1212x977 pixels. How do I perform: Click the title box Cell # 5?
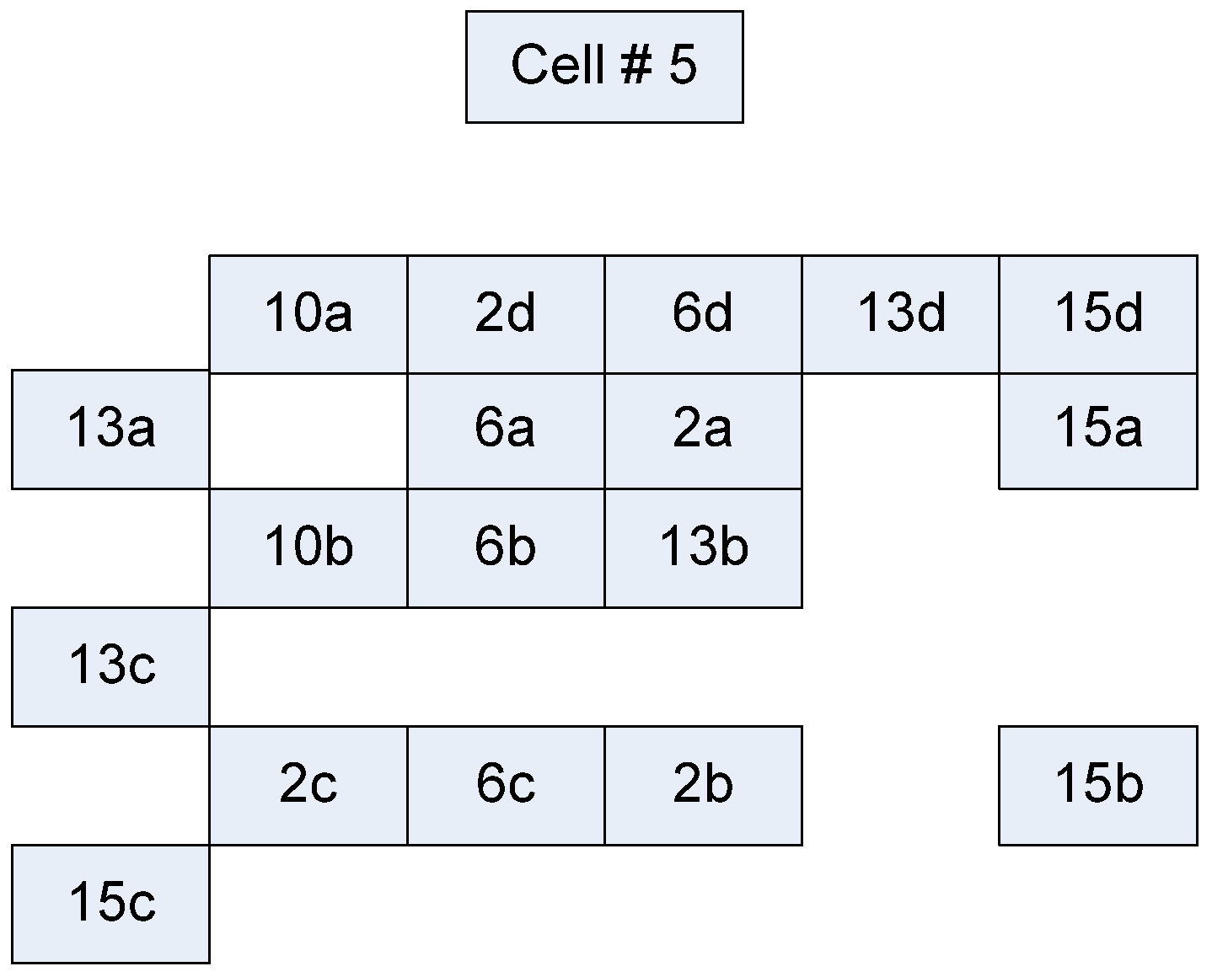click(604, 67)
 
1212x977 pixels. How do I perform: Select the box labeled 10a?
click(308, 313)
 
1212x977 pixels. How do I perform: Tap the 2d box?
click(506, 313)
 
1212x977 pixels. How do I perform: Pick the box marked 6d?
click(703, 313)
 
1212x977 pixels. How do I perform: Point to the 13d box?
click(900, 313)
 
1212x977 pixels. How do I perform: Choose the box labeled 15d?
click(1098, 313)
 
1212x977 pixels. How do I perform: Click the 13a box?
click(110, 429)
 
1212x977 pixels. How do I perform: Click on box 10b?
click(308, 547)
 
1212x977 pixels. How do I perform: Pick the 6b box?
click(506, 547)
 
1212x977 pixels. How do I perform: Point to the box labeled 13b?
click(703, 547)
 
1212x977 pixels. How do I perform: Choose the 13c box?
click(110, 666)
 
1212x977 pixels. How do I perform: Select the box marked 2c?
click(308, 785)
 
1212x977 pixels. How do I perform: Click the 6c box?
click(506, 785)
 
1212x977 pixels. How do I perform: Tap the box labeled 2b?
click(703, 785)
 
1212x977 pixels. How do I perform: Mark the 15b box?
click(1098, 785)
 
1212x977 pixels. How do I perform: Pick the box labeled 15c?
click(110, 903)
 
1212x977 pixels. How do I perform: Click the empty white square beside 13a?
click(308, 430)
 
